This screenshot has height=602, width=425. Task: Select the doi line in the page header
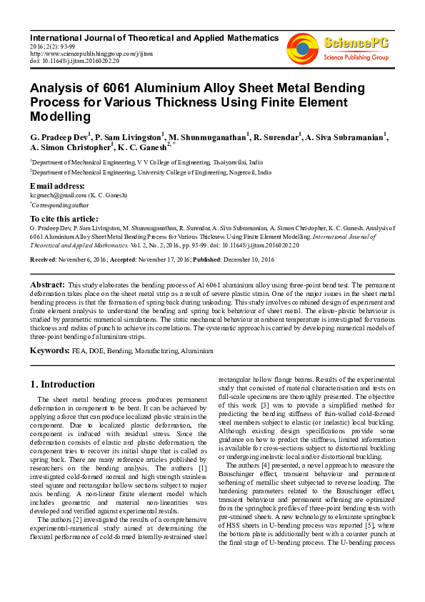tap(74, 60)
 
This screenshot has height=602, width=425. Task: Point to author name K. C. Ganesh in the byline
tap(141, 147)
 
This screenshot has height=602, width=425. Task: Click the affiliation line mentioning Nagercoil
tap(151, 172)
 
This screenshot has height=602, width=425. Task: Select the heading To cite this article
tap(64, 218)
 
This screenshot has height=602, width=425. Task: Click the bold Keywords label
tap(49, 352)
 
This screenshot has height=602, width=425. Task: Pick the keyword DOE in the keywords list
tap(95, 352)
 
